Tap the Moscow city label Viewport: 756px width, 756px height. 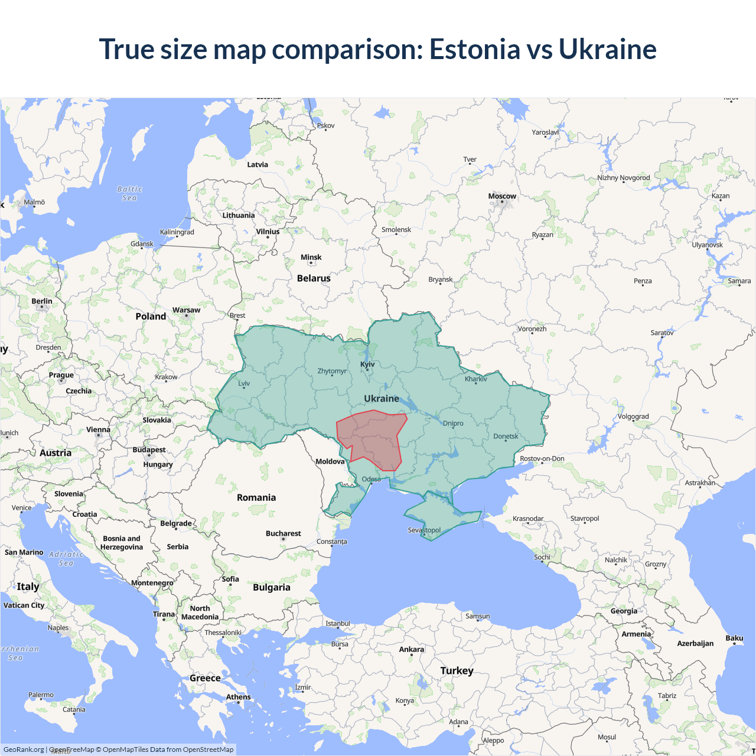pos(502,196)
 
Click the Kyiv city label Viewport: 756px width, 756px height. pos(367,364)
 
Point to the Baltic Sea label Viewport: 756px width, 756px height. pos(130,194)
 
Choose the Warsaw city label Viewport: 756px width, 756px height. pos(186,310)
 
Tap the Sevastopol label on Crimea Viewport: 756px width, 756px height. pos(424,530)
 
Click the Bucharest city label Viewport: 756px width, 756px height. pos(283,533)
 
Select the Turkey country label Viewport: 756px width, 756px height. pos(457,671)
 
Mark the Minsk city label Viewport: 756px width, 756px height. pos(311,258)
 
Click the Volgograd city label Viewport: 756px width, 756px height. pos(633,416)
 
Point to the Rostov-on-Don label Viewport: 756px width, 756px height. pos(542,458)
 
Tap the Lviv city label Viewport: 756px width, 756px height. pos(244,383)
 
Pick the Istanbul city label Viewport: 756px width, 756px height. pos(338,624)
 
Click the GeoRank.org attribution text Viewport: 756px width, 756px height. pos(24,750)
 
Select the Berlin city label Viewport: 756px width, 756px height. pos(42,301)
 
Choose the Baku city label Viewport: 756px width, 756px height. pos(734,638)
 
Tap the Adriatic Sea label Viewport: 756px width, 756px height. pos(66,559)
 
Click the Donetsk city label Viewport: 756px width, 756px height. pos(506,436)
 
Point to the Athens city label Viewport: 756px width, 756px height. pos(238,697)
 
